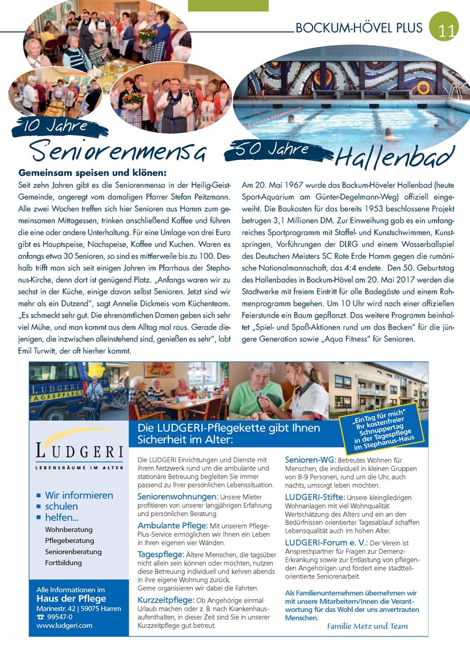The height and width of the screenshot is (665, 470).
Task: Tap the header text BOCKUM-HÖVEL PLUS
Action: click(358, 28)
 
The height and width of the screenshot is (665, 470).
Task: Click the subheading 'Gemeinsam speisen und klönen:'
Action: click(92, 173)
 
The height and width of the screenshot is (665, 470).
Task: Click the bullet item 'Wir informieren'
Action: click(79, 495)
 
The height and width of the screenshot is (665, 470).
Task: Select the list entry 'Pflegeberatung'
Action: click(70, 540)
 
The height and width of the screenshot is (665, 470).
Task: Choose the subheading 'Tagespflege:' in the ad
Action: click(160, 554)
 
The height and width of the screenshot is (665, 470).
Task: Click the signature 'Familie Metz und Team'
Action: click(367, 626)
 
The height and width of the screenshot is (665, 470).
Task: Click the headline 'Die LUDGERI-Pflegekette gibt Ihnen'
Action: click(228, 428)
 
